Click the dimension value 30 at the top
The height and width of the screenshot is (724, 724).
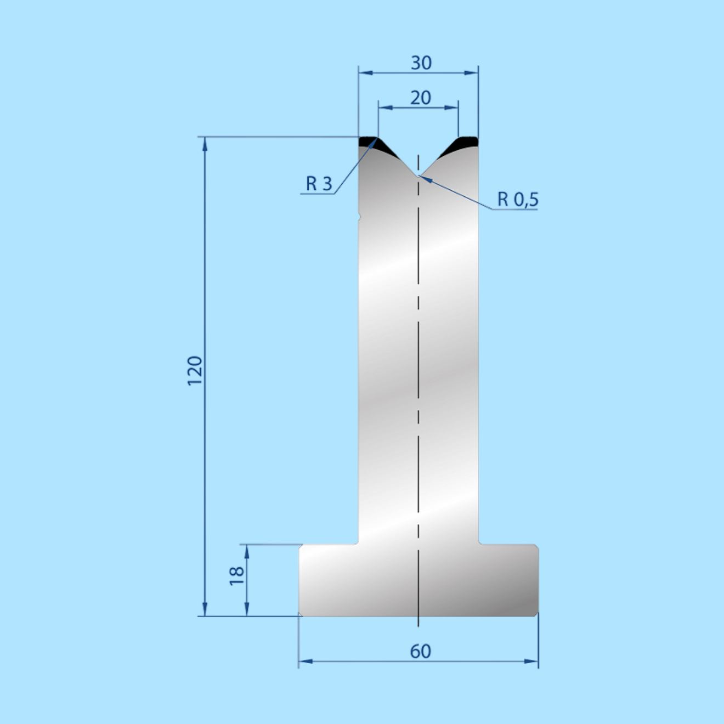point(421,63)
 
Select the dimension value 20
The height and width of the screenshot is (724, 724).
point(421,98)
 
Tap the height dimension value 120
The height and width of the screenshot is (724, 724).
point(195,370)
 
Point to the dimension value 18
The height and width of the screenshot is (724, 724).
point(237,576)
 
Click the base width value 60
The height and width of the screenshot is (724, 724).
point(421,652)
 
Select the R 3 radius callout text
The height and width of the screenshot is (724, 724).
point(319,184)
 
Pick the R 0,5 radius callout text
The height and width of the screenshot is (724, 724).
point(518,199)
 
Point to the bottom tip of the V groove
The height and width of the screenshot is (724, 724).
point(418,176)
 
